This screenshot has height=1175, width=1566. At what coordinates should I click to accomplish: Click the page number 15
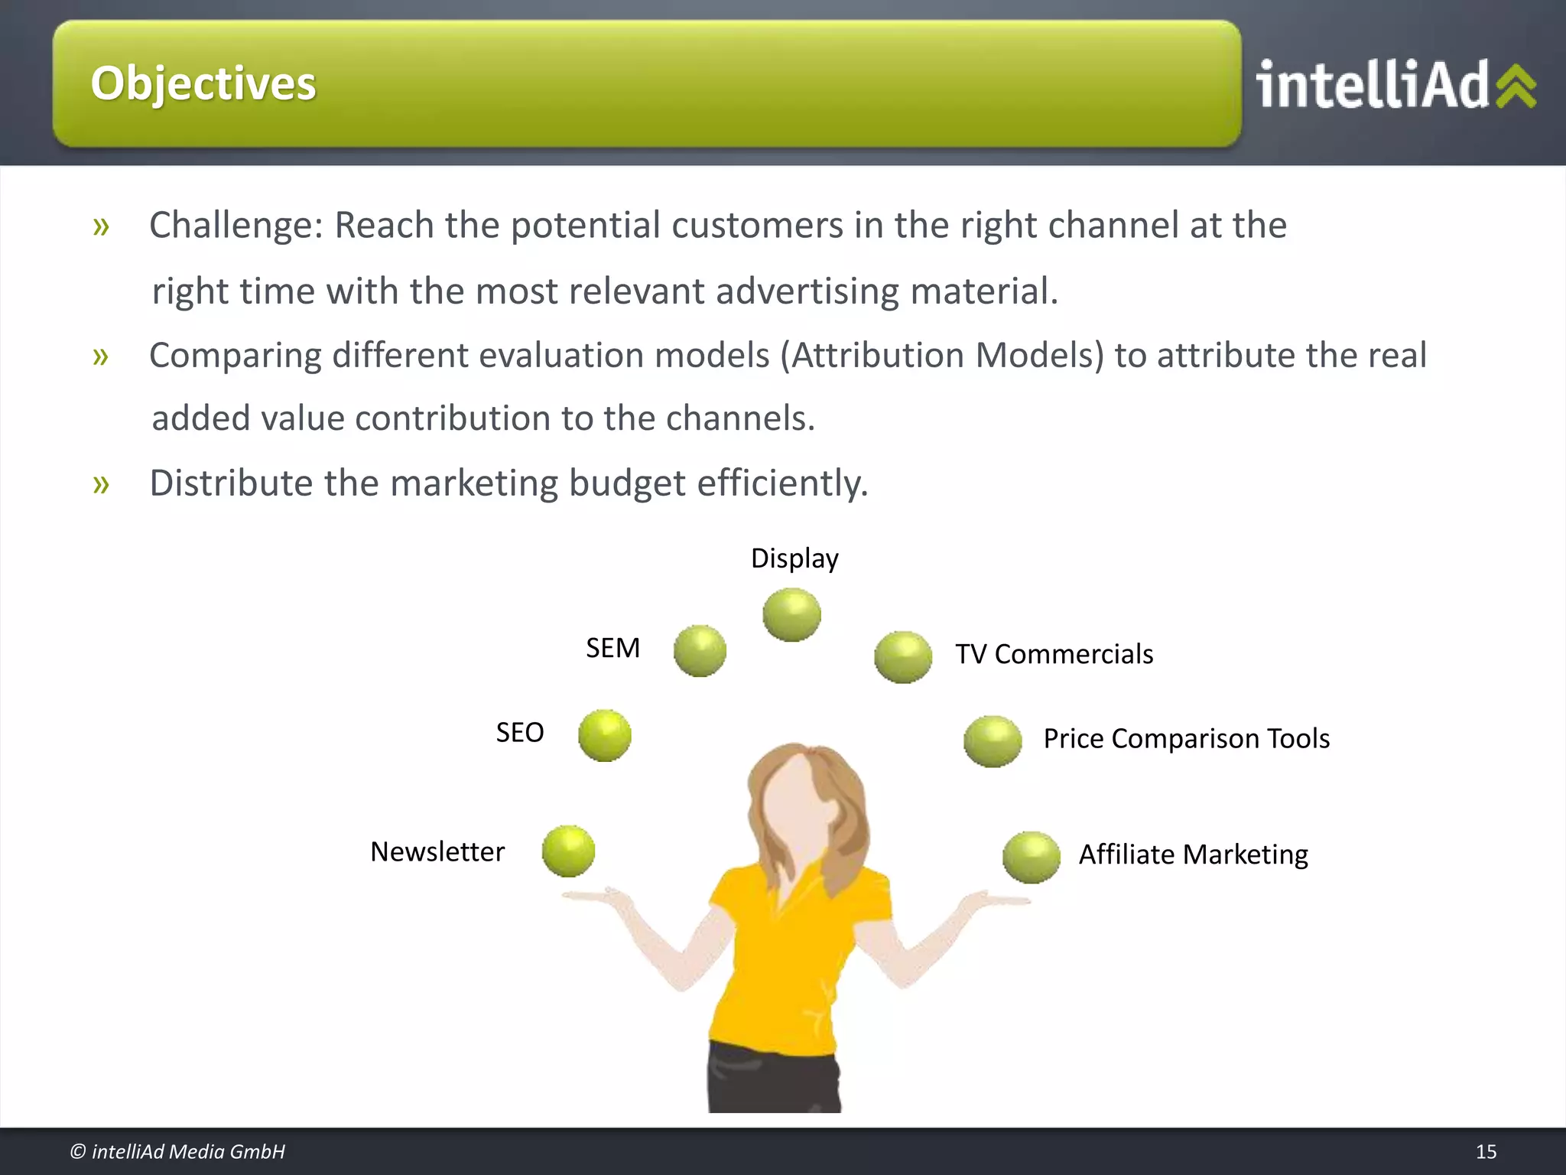[x=1486, y=1151]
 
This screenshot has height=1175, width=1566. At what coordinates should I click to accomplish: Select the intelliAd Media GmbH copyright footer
[x=177, y=1151]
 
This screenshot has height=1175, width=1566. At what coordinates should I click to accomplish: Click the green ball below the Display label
[x=791, y=615]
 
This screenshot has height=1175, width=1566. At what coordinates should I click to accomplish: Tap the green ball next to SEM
[x=700, y=651]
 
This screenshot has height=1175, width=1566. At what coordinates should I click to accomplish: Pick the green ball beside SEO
[x=605, y=736]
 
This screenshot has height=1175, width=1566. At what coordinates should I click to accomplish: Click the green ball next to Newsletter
[x=568, y=851]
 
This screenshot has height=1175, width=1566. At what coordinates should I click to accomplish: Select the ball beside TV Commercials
[x=903, y=657]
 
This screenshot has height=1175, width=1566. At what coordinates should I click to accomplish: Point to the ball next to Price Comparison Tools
[x=993, y=741]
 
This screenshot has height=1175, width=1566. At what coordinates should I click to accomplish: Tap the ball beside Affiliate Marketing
[x=1032, y=858]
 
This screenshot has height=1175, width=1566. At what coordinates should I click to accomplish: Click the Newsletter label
[x=437, y=851]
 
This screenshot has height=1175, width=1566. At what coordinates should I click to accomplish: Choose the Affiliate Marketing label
[x=1193, y=854]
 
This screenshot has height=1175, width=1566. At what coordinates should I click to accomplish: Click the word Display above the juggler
[x=794, y=558]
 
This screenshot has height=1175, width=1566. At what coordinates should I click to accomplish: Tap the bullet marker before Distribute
[x=101, y=483]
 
